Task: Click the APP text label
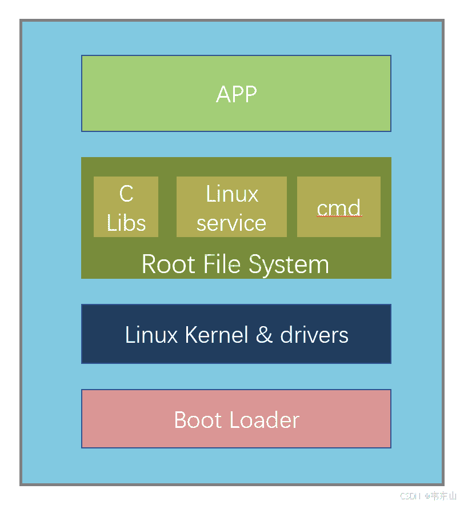coord(236,94)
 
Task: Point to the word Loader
coord(264,420)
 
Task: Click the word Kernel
coord(217,335)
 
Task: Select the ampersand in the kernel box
coord(265,335)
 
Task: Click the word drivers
coord(314,335)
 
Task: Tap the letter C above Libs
coord(126,194)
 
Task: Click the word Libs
coord(126,223)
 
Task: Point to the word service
coord(231,223)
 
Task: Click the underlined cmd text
coord(339,208)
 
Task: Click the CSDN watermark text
coord(409,496)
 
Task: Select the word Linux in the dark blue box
coord(151,335)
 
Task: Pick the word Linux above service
coord(232,194)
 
